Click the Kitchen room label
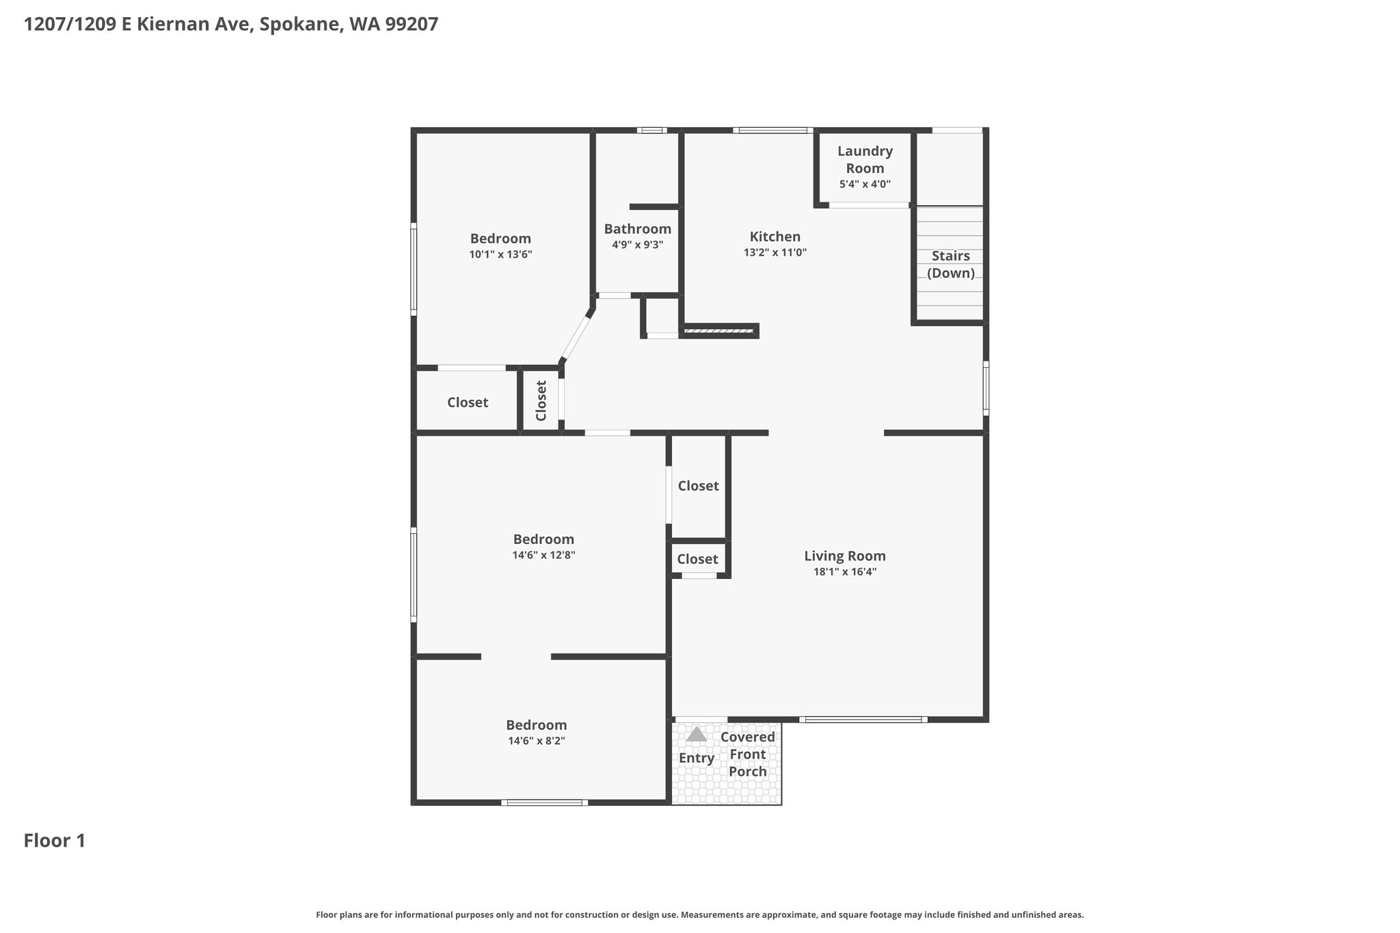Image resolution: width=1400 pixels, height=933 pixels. [x=775, y=236]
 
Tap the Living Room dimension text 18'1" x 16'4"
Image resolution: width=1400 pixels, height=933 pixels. [x=845, y=572]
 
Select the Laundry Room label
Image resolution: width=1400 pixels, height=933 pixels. [x=865, y=159]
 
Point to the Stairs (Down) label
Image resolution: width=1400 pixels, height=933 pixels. [x=951, y=265]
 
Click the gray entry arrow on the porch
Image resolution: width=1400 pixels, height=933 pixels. [x=696, y=734]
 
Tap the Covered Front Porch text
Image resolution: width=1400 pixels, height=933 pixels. [x=748, y=755]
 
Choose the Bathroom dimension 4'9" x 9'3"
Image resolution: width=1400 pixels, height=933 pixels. [x=638, y=245]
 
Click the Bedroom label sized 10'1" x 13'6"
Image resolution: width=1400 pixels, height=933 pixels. [x=500, y=239]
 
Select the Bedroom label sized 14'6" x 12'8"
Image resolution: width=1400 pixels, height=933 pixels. [x=543, y=539]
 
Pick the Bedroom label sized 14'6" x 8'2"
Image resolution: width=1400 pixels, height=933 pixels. [x=537, y=725]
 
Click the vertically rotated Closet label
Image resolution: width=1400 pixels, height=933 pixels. [x=541, y=401]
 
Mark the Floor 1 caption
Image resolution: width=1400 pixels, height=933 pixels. [x=55, y=841]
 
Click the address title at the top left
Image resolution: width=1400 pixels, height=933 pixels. [x=231, y=25]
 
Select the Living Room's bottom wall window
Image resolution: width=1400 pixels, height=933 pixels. [x=863, y=719]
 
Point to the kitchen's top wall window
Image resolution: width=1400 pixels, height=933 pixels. [x=773, y=130]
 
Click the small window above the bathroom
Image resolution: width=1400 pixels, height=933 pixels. [x=652, y=130]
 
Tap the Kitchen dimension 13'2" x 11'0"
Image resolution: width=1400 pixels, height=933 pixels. [x=775, y=253]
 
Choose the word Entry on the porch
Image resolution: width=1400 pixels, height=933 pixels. [x=697, y=758]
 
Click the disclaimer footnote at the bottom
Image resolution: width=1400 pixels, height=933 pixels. [x=700, y=915]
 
